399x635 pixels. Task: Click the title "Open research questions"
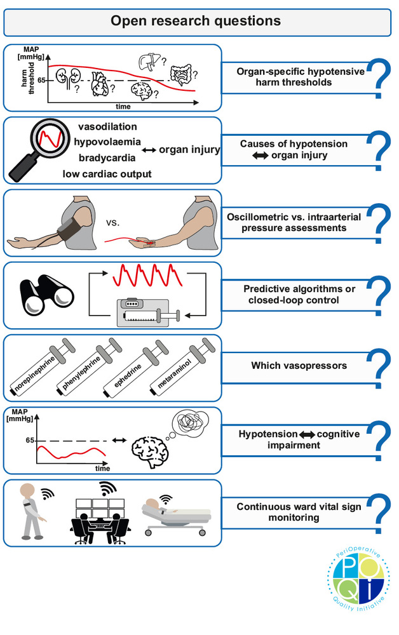pyautogui.click(x=196, y=21)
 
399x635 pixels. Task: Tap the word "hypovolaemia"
pyautogui.click(x=106, y=142)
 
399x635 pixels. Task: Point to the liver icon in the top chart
pyautogui.click(x=147, y=62)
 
